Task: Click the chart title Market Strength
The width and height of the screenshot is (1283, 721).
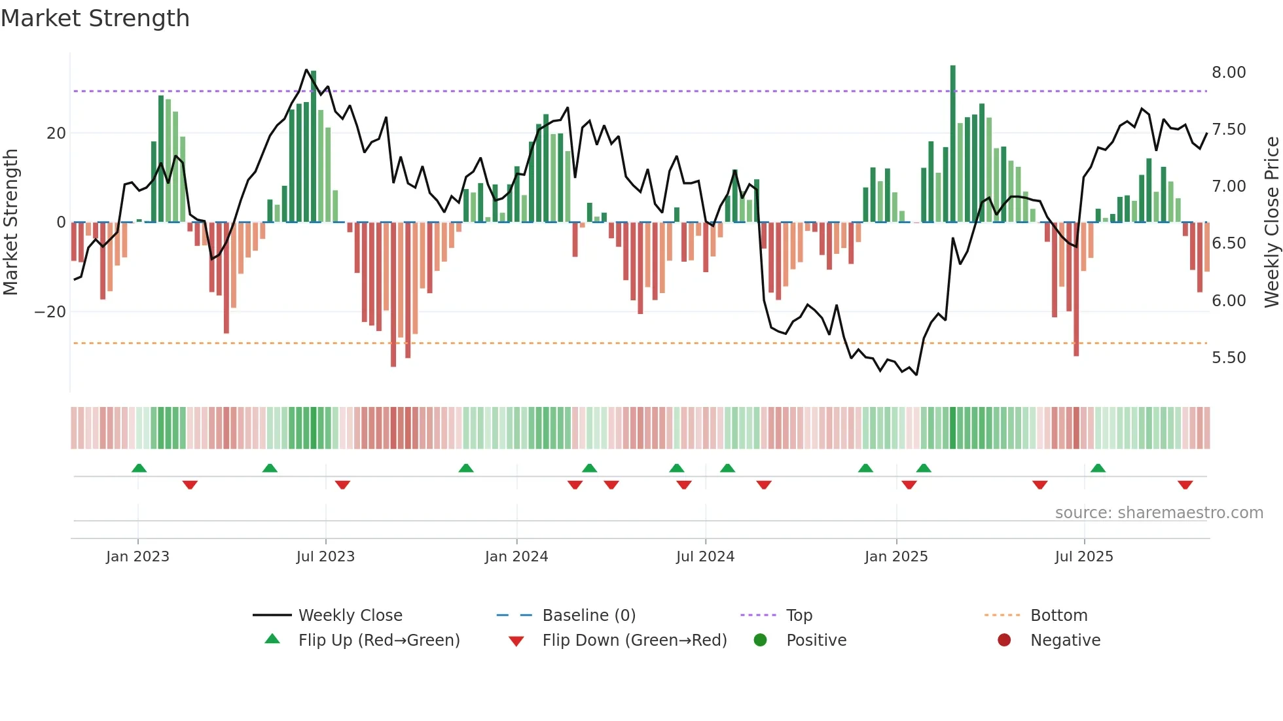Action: click(95, 18)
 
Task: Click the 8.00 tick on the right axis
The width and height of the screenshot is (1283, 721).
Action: click(1228, 73)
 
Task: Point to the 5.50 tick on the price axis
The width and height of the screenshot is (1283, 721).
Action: click(1228, 358)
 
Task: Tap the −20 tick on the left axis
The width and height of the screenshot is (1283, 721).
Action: click(50, 312)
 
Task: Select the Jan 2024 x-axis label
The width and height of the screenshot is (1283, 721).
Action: click(516, 557)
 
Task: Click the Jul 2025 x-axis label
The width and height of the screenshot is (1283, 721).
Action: click(1083, 557)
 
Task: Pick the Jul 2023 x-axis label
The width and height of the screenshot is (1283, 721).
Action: click(325, 557)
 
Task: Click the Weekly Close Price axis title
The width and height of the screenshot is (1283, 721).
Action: click(1271, 222)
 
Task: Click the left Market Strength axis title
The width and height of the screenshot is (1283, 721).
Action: click(10, 222)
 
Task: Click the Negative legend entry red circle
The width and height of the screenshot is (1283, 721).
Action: click(1003, 641)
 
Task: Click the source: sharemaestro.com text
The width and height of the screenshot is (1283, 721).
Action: click(1159, 513)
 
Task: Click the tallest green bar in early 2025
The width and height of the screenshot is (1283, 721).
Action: click(952, 144)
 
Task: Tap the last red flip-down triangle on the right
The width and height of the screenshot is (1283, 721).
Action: click(1185, 485)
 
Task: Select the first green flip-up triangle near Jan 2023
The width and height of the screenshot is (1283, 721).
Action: click(139, 468)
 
